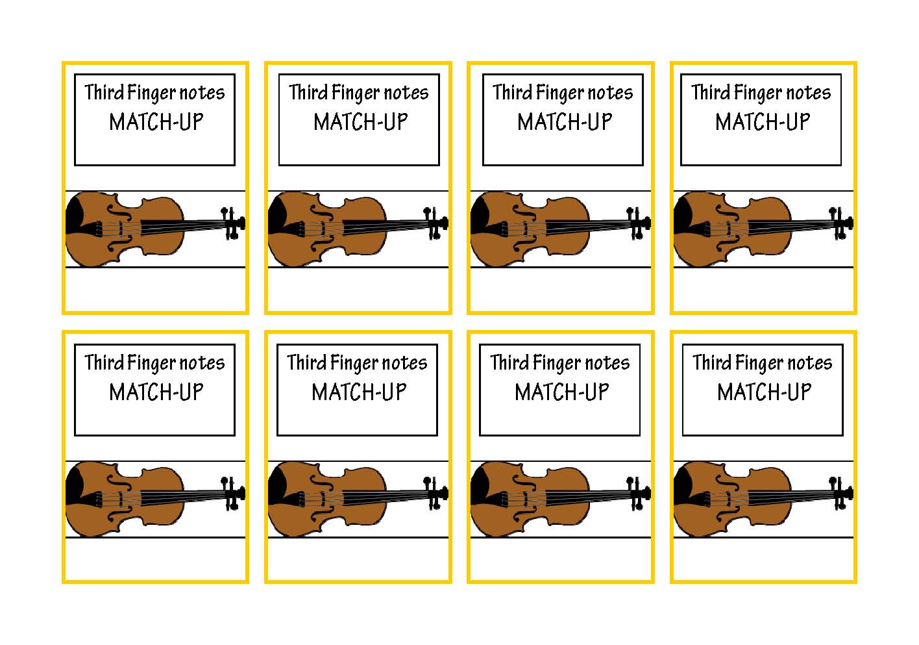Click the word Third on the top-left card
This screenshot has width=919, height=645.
pos(104,92)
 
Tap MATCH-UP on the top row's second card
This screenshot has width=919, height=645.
pos(361,122)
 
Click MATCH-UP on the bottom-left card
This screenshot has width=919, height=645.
pos(156,392)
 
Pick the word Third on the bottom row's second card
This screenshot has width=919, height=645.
pos(306,362)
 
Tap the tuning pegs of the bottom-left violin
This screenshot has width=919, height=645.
pos(233,494)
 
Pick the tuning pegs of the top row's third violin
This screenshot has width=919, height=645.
pos(639,223)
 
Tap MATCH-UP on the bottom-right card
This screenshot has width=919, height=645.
pos(765,392)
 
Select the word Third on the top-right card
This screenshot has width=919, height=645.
pos(711,92)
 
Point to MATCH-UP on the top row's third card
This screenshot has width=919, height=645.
pos(565,122)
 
